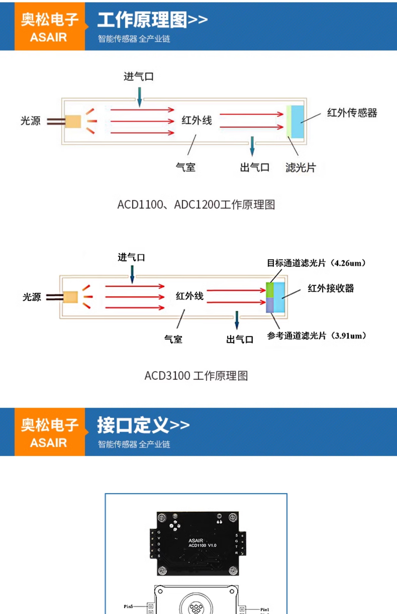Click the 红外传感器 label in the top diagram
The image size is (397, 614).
pyautogui.click(x=352, y=113)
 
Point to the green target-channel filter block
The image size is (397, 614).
pyautogui.click(x=270, y=290)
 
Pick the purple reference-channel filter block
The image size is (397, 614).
pyautogui.click(x=270, y=305)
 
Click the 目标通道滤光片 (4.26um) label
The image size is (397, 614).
pyautogui.click(x=316, y=263)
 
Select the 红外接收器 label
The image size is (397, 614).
pyautogui.click(x=331, y=288)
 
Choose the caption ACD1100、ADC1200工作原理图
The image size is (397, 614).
pyautogui.click(x=196, y=205)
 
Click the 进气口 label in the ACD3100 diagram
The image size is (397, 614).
pyautogui.click(x=131, y=257)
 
